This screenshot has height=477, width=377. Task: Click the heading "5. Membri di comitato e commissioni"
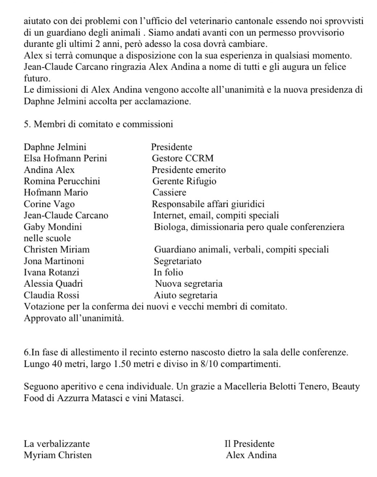98,124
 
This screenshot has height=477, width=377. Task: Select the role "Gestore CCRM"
183,158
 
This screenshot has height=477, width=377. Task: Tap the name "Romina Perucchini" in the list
62,181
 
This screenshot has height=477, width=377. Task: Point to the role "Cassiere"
169,193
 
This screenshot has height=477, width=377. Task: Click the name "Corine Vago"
49,204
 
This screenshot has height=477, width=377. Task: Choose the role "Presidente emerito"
189,170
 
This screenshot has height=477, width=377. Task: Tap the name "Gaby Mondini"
53,227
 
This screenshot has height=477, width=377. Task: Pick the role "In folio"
168,272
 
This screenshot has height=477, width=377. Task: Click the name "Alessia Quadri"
53,284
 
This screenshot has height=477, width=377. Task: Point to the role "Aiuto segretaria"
185,295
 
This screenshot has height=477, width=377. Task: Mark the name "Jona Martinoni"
54,261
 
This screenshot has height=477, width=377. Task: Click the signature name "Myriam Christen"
58,455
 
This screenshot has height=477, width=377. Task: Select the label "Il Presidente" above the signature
249,444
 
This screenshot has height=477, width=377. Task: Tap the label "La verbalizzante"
57,444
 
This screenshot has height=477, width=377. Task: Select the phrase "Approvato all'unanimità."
74,318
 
